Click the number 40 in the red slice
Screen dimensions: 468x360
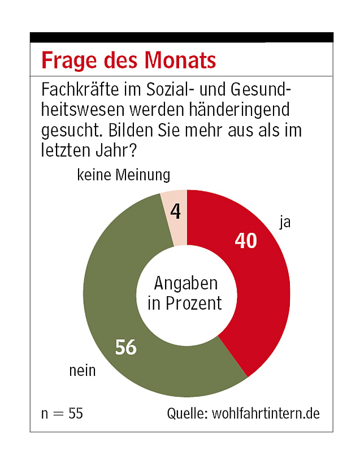246,241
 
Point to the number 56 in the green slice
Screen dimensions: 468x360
126,347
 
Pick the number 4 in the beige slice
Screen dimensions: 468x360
175,212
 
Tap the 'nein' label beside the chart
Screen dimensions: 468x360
83,371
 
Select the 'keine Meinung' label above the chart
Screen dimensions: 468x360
123,175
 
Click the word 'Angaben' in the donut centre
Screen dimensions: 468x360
185,283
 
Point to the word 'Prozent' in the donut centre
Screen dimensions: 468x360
194,304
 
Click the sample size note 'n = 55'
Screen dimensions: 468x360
62,413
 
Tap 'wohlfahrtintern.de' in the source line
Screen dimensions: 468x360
266,413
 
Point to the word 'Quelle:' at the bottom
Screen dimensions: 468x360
187,413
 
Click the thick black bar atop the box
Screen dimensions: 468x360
181,37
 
